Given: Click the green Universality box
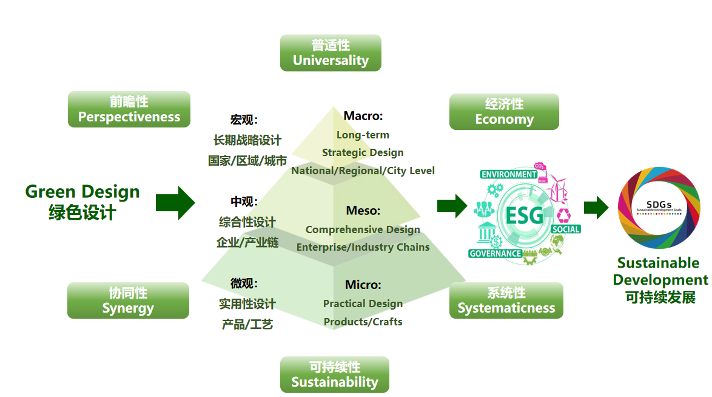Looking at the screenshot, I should (x=331, y=53).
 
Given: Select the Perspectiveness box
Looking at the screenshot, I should (x=129, y=109).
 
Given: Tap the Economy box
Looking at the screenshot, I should (x=504, y=112).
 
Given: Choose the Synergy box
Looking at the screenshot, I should (x=128, y=300).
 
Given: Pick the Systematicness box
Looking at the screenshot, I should (x=506, y=300).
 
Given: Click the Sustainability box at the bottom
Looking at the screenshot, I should (x=334, y=375).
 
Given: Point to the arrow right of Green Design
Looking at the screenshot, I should (x=175, y=203).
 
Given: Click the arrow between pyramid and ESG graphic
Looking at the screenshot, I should (x=452, y=206).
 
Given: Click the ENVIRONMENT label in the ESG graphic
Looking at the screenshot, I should (x=508, y=174).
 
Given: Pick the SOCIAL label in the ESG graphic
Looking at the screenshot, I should (x=566, y=229).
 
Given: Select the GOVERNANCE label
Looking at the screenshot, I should (x=495, y=254).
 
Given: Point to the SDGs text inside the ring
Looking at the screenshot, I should (x=658, y=205).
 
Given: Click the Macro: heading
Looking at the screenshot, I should (x=363, y=116).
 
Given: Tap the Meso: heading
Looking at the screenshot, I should (x=363, y=211).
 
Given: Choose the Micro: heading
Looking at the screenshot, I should (x=363, y=285).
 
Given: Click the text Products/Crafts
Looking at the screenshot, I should (x=363, y=322).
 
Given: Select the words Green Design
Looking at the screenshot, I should (x=82, y=192).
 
